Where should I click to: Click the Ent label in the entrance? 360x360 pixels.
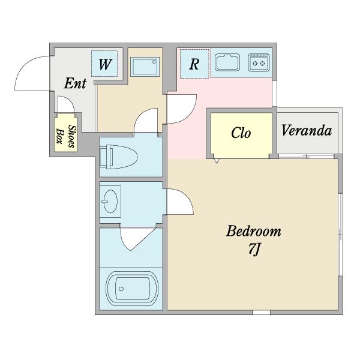pyautogui.click(x=75, y=83)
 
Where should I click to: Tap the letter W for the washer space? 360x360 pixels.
pyautogui.click(x=105, y=65)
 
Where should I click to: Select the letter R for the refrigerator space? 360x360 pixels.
pyautogui.click(x=194, y=64)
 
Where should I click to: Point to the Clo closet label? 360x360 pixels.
pyautogui.click(x=241, y=133)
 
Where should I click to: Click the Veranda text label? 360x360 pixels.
pyautogui.click(x=307, y=130)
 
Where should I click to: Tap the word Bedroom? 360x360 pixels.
pyautogui.click(x=253, y=231)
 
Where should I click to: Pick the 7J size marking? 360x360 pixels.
pyautogui.click(x=254, y=249)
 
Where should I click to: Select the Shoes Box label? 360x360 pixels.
pyautogui.click(x=65, y=136)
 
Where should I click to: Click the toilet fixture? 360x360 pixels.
pyautogui.click(x=118, y=157)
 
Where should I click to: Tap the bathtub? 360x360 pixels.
pyautogui.click(x=132, y=289)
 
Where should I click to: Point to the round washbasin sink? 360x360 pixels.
pyautogui.click(x=110, y=202)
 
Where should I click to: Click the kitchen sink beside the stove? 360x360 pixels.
pyautogui.click(x=227, y=62)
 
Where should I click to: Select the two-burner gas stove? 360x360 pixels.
pyautogui.click(x=259, y=62)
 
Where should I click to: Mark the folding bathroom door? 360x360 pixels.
pyautogui.click(x=137, y=239)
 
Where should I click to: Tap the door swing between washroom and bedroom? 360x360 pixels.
pyautogui.click(x=181, y=202)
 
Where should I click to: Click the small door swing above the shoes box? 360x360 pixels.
pyautogui.click(x=65, y=104)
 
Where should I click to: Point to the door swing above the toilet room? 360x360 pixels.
pyautogui.click(x=146, y=120)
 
